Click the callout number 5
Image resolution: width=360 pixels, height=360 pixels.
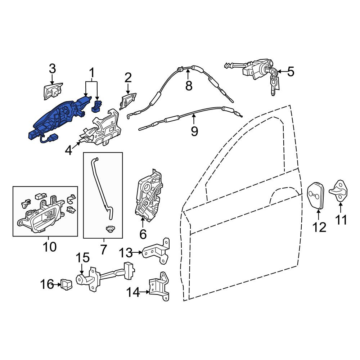(x=291, y=72)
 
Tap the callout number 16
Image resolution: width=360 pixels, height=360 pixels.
(x=47, y=284)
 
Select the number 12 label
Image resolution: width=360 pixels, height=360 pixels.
(x=319, y=227)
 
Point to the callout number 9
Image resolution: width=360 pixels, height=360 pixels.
(x=194, y=131)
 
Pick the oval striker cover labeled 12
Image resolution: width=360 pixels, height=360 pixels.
(x=316, y=195)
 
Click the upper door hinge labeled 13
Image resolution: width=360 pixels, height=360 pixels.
(x=156, y=251)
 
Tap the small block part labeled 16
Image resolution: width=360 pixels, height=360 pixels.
(x=66, y=284)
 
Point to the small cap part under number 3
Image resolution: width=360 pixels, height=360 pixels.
(x=53, y=91)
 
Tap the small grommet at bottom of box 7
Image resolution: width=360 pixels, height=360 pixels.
(x=110, y=229)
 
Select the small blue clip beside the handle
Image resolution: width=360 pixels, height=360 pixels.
(x=97, y=106)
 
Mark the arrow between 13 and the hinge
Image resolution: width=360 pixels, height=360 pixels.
(x=137, y=252)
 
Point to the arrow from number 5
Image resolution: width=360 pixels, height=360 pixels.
(x=282, y=72)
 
